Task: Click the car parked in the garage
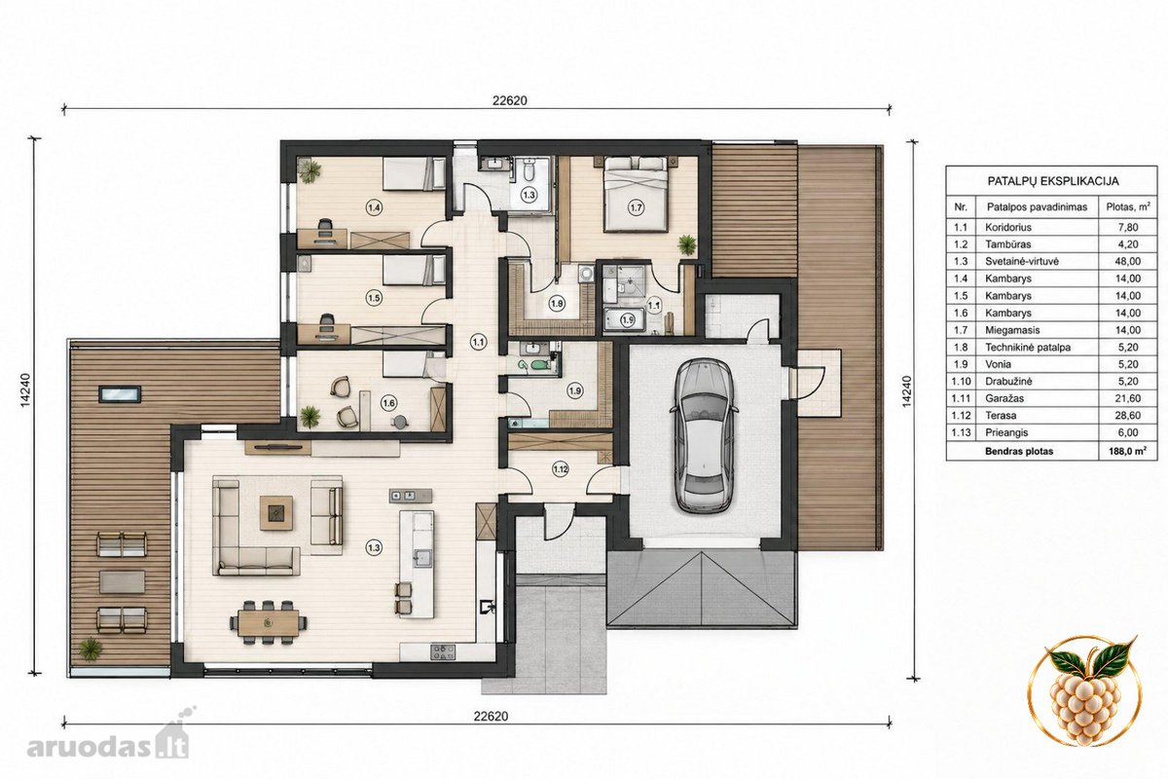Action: [x=704, y=434]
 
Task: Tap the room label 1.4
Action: [x=374, y=207]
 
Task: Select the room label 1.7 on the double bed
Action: [x=637, y=207]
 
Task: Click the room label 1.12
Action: [x=560, y=468]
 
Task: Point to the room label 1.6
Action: [x=388, y=403]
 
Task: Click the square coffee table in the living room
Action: [x=276, y=513]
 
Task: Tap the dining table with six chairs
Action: [x=268, y=623]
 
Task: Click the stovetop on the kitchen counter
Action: [x=443, y=652]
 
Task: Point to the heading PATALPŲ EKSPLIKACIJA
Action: [x=1053, y=181]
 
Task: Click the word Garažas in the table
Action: [x=1004, y=398]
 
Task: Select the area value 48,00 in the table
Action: [x=1127, y=261]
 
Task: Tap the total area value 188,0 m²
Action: [x=1128, y=451]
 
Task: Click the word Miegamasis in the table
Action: [x=1012, y=330]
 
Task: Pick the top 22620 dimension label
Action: [x=510, y=100]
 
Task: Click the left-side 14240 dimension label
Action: [x=26, y=389]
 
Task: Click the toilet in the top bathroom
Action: [x=528, y=170]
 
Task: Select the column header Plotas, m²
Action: [x=1128, y=207]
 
